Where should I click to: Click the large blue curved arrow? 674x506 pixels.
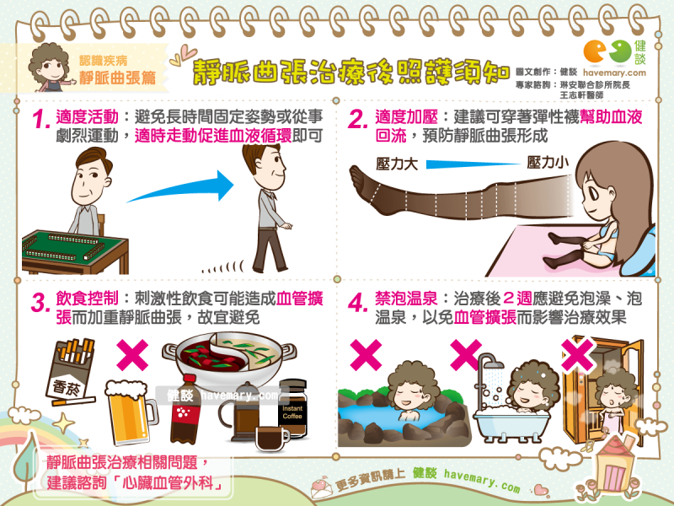181,186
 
